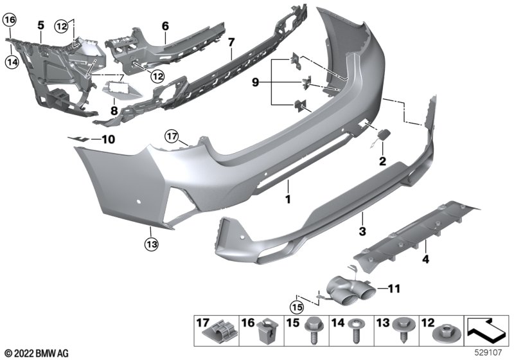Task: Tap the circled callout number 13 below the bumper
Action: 150,243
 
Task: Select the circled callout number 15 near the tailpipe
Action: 296,307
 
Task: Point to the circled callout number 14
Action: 10,62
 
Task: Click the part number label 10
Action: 107,138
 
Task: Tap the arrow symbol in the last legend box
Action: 487,332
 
